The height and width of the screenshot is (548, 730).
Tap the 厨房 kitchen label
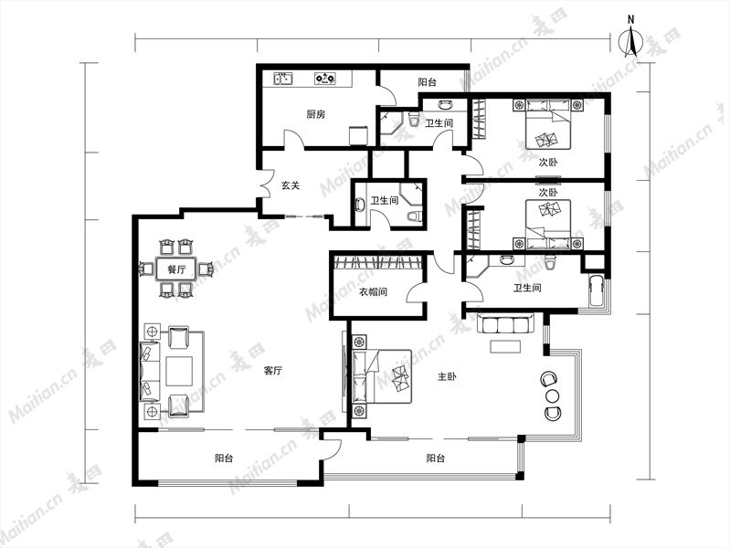click(315, 114)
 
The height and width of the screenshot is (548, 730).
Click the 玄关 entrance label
click(290, 185)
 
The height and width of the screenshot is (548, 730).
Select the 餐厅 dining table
click(176, 269)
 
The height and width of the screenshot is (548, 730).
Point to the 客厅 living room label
click(272, 371)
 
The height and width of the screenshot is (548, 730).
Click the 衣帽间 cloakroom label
click(373, 292)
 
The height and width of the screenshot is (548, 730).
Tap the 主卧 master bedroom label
click(447, 376)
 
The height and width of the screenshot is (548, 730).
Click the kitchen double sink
click(282, 79)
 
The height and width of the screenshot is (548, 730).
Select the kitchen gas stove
click(325, 79)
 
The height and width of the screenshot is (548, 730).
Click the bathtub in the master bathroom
click(596, 291)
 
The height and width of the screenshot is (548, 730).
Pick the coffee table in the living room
click(179, 371)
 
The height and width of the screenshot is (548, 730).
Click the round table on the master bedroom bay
click(552, 396)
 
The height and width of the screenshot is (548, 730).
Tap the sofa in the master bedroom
click(505, 323)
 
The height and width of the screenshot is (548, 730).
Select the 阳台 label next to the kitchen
click(427, 82)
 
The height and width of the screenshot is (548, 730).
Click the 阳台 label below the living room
click(224, 458)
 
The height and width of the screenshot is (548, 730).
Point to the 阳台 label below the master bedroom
click(435, 458)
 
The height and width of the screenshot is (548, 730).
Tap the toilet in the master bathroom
click(550, 262)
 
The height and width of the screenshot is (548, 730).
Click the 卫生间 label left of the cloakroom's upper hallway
click(384, 201)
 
